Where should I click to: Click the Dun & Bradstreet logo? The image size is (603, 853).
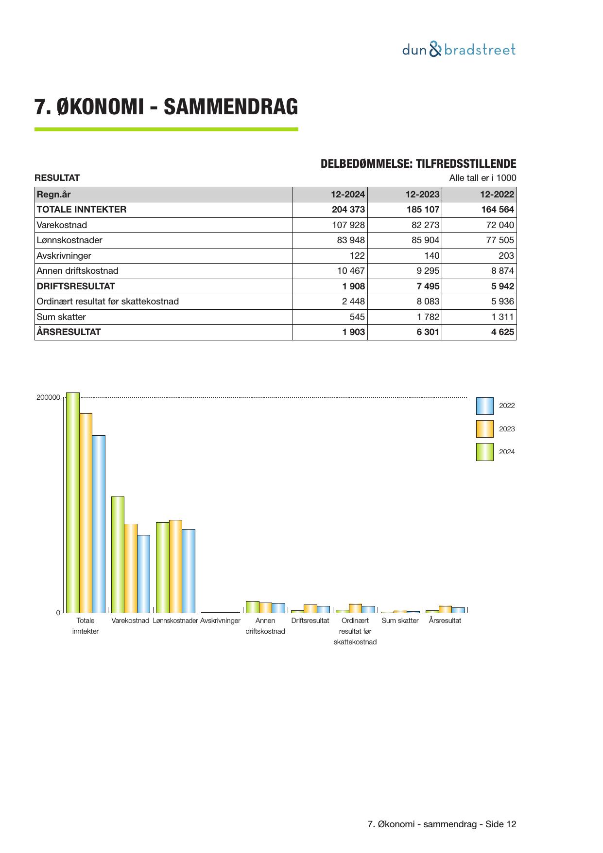tap(459, 50)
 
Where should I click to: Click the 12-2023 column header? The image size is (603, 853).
tap(422, 195)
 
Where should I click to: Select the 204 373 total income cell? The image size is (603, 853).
tap(348, 210)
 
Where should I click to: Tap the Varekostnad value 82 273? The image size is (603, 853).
tap(425, 225)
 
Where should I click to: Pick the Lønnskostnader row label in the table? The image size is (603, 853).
tap(69, 240)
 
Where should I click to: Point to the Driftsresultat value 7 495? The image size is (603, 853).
tap(428, 286)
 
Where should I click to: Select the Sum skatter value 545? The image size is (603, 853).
tap(357, 317)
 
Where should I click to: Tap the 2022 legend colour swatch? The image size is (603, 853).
tap(484, 406)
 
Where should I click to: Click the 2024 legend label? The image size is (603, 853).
tap(507, 452)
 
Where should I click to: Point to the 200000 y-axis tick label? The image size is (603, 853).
tap(48, 397)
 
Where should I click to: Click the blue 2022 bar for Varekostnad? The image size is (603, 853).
tap(143, 574)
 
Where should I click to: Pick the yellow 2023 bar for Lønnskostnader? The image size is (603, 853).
tap(175, 566)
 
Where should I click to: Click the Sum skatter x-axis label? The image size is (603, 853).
tap(400, 621)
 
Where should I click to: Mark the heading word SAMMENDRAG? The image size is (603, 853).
tap(231, 107)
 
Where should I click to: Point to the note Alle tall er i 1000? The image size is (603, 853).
tap(482, 178)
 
